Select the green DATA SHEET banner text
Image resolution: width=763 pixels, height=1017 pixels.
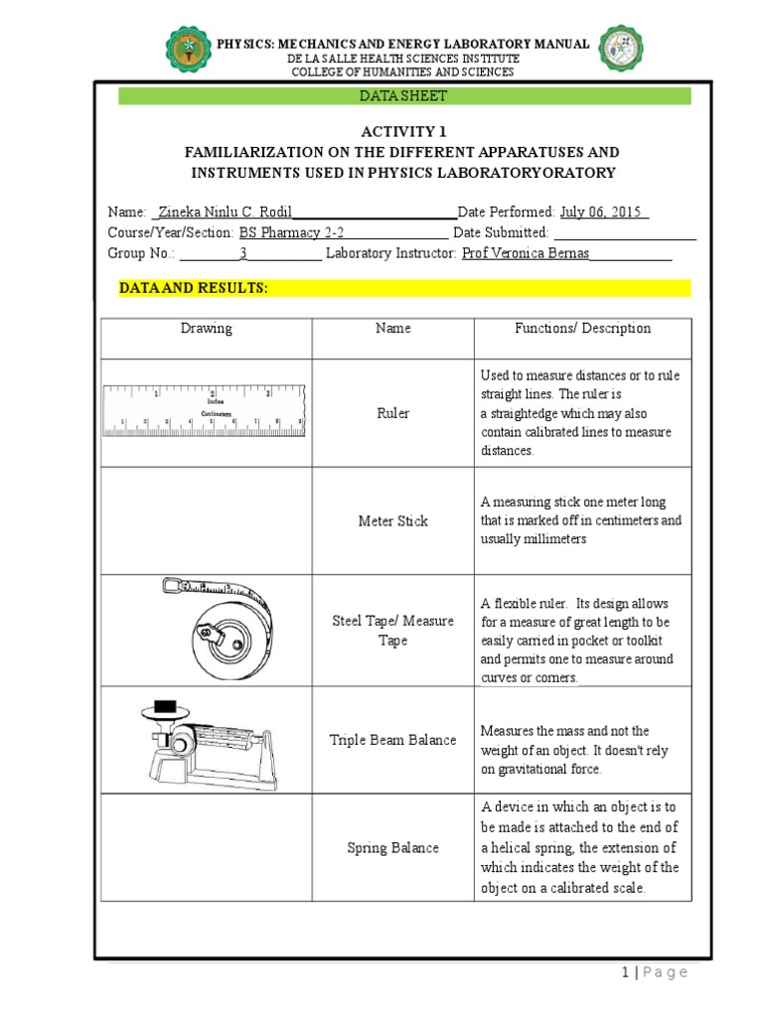[403, 95]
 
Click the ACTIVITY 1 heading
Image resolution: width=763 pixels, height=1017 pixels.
[403, 132]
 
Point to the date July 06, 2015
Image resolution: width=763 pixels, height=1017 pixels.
[603, 212]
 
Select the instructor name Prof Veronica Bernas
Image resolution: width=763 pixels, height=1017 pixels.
[526, 253]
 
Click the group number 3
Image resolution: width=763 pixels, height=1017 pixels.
[243, 253]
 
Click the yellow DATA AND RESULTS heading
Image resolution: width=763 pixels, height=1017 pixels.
[194, 288]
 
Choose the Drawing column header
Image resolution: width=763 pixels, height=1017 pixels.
[207, 329]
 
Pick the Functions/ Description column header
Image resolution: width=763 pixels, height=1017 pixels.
[582, 329]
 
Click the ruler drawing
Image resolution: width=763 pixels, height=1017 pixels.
[204, 410]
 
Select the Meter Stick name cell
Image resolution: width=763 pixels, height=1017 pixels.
[393, 521]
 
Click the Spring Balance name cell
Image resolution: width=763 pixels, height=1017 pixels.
[393, 848]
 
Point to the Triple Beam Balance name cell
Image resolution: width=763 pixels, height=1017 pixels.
[393, 740]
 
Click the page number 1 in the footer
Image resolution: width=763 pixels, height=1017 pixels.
[624, 972]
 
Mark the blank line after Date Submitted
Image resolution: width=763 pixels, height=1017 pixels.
[624, 234]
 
